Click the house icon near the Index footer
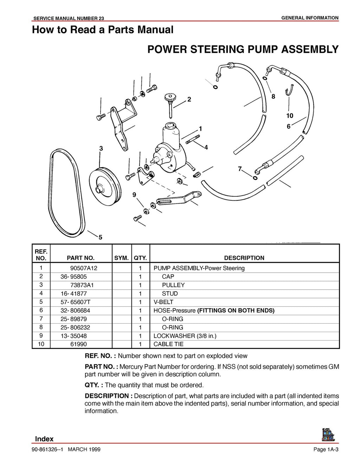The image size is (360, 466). pyautogui.click(x=328, y=435)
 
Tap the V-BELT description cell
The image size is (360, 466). pyautogui.click(x=163, y=302)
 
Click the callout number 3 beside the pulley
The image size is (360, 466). pyautogui.click(x=101, y=149)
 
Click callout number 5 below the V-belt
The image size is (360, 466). pyautogui.click(x=100, y=238)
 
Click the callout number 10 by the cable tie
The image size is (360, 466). pyautogui.click(x=290, y=116)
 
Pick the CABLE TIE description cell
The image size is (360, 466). pyautogui.click(x=168, y=344)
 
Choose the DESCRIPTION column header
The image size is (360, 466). pyautogui.click(x=244, y=258)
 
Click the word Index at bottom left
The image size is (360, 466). pyautogui.click(x=44, y=439)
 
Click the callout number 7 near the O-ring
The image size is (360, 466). pyautogui.click(x=240, y=169)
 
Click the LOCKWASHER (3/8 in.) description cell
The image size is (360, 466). pyautogui.click(x=185, y=336)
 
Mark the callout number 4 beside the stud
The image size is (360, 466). pyautogui.click(x=206, y=148)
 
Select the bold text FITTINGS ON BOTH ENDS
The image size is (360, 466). pyautogui.click(x=236, y=310)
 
